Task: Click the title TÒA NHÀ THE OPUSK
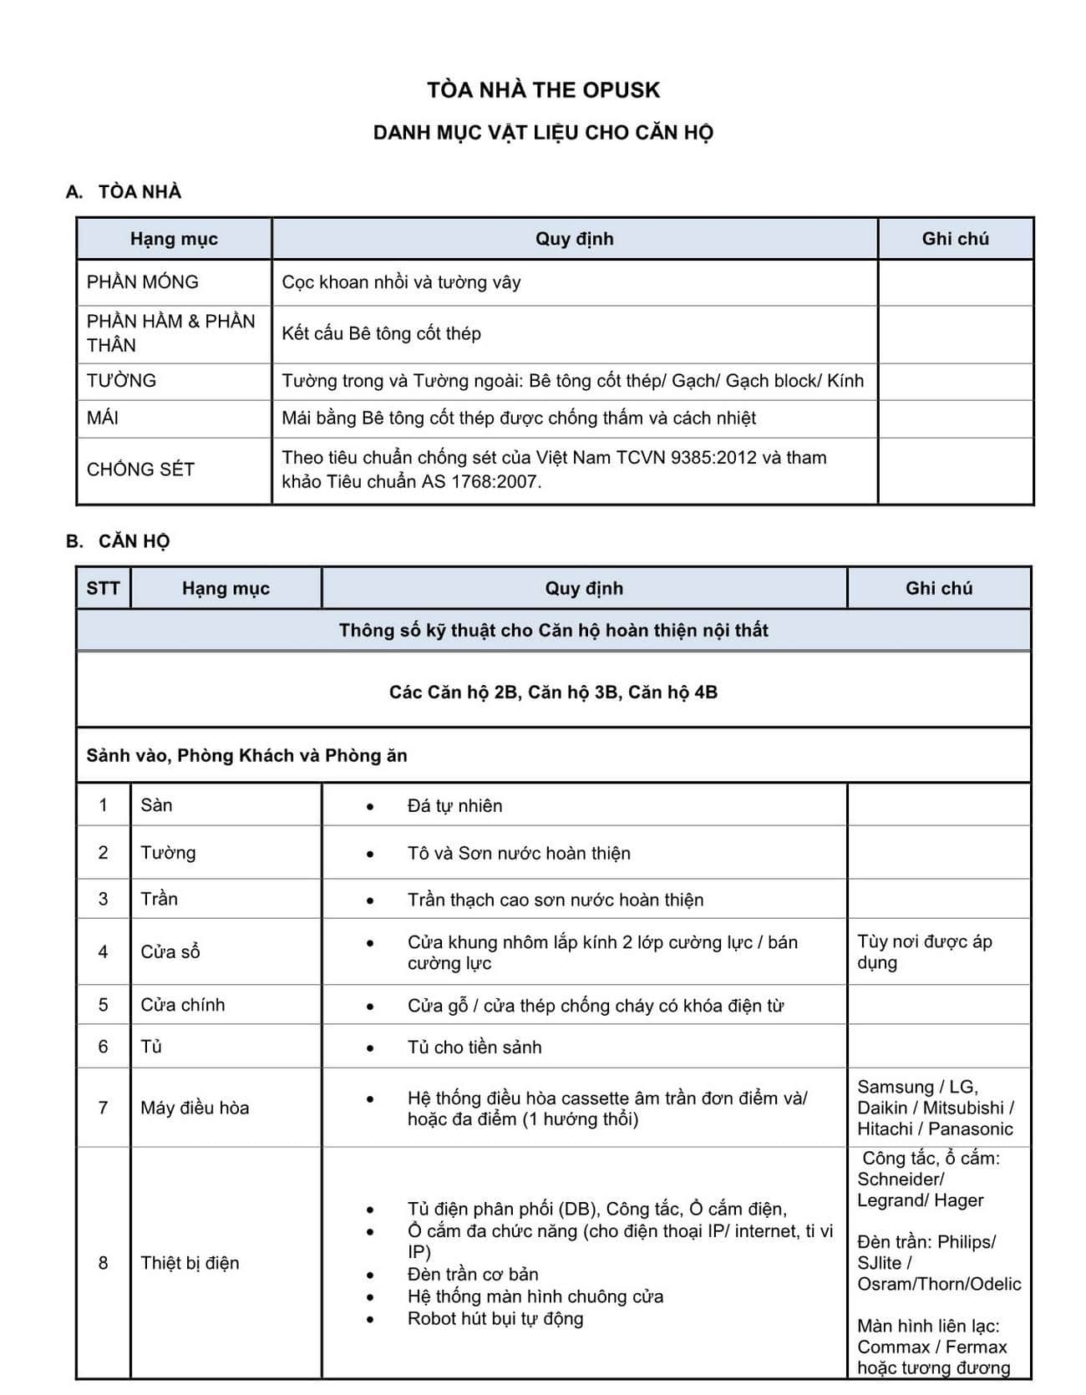543,90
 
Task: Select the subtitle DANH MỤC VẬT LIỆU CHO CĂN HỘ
543,133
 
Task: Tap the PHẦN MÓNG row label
143,282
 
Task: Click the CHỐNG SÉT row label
140,469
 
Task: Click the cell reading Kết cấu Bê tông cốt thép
381,334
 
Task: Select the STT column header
103,588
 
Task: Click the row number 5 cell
103,1005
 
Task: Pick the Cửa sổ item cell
170,952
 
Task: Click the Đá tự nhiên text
454,806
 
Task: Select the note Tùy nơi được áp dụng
924,952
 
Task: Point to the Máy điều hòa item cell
195,1108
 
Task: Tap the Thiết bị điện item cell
190,1263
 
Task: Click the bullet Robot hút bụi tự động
495,1319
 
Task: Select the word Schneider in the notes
900,1179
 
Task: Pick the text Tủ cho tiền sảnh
474,1048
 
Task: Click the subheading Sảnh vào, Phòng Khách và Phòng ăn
246,756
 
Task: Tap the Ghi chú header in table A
955,239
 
